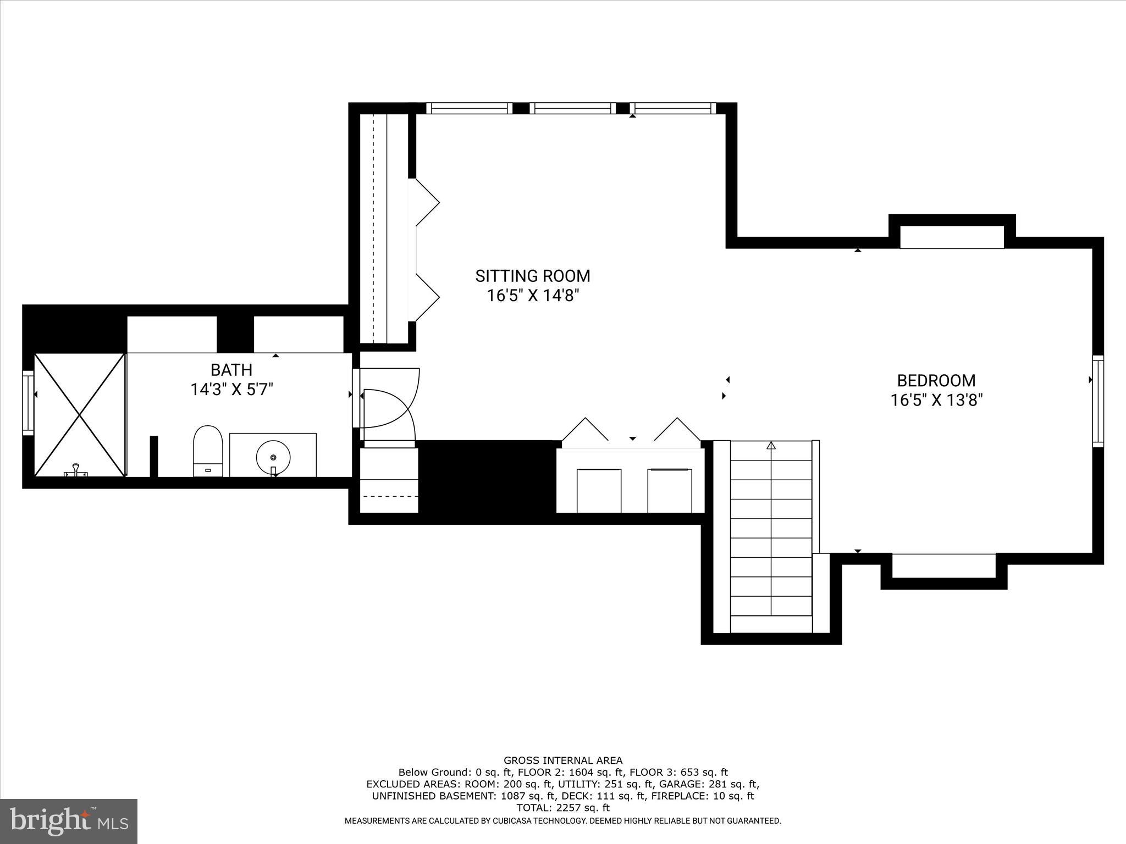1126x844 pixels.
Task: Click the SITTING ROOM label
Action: point(532,276)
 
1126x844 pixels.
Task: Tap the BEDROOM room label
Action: point(936,380)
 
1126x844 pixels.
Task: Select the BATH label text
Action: point(231,369)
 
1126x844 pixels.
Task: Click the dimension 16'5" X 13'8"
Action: point(936,400)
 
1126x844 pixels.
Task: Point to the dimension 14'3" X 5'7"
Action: point(231,390)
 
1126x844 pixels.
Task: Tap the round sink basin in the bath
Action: point(273,457)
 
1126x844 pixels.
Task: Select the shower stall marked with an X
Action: point(80,414)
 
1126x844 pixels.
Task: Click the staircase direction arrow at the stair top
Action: point(771,446)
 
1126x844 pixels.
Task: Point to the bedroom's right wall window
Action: point(1097,401)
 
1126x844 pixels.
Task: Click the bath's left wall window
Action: point(28,402)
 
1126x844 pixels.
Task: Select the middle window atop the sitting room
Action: point(572,108)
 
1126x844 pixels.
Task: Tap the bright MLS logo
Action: point(69,821)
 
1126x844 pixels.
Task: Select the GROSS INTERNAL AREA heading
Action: point(563,760)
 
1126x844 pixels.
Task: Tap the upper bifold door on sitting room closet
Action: point(427,202)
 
